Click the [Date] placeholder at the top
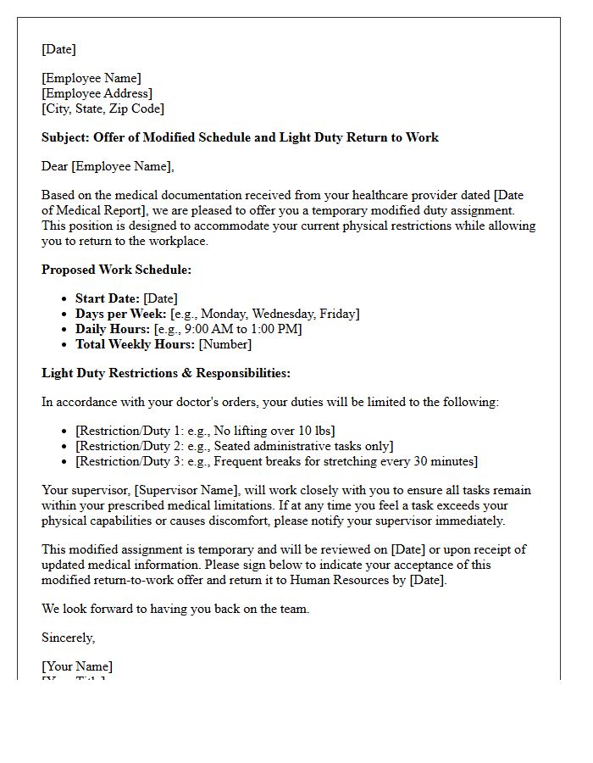(58, 49)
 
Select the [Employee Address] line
(97, 93)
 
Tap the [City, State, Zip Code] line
(103, 109)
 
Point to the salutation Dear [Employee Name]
(107, 166)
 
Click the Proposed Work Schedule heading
(117, 270)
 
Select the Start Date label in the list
(108, 298)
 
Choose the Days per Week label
(120, 314)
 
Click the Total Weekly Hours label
(136, 344)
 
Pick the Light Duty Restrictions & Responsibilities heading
(166, 373)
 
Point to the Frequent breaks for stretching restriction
(339, 461)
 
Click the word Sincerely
(69, 638)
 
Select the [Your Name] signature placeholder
(77, 666)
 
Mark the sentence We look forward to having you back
(175, 609)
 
